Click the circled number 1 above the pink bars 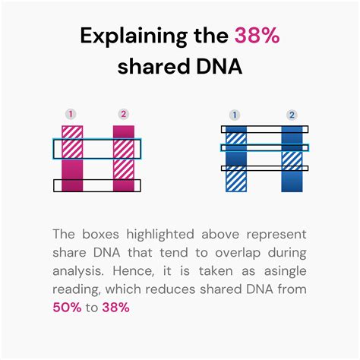coord(71,115)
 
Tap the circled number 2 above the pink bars coord(123,115)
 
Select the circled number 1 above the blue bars coord(235,115)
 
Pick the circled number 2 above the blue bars coord(291,115)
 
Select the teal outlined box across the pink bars coord(96,148)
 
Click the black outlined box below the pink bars coord(96,185)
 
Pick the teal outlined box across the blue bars coord(264,148)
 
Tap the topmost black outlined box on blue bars coord(264,130)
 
